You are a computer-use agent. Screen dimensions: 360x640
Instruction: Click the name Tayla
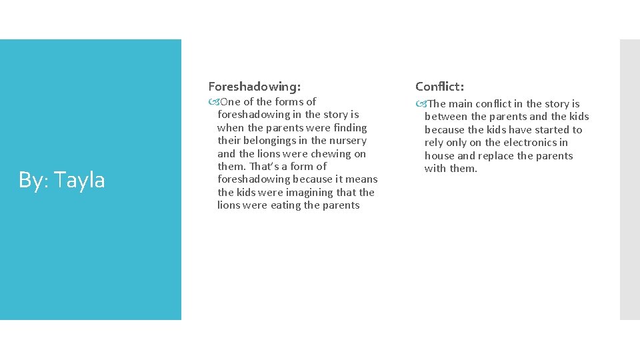(x=80, y=180)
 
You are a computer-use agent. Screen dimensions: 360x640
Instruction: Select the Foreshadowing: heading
(x=254, y=86)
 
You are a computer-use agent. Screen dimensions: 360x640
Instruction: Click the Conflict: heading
(x=440, y=86)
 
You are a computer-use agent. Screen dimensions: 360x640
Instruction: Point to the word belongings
(x=270, y=141)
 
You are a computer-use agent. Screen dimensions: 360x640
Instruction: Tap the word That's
(x=263, y=167)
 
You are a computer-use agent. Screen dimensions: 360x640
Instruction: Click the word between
(x=446, y=117)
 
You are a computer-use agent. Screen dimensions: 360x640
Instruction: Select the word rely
(x=434, y=143)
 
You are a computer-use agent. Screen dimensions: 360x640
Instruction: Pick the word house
(x=440, y=156)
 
